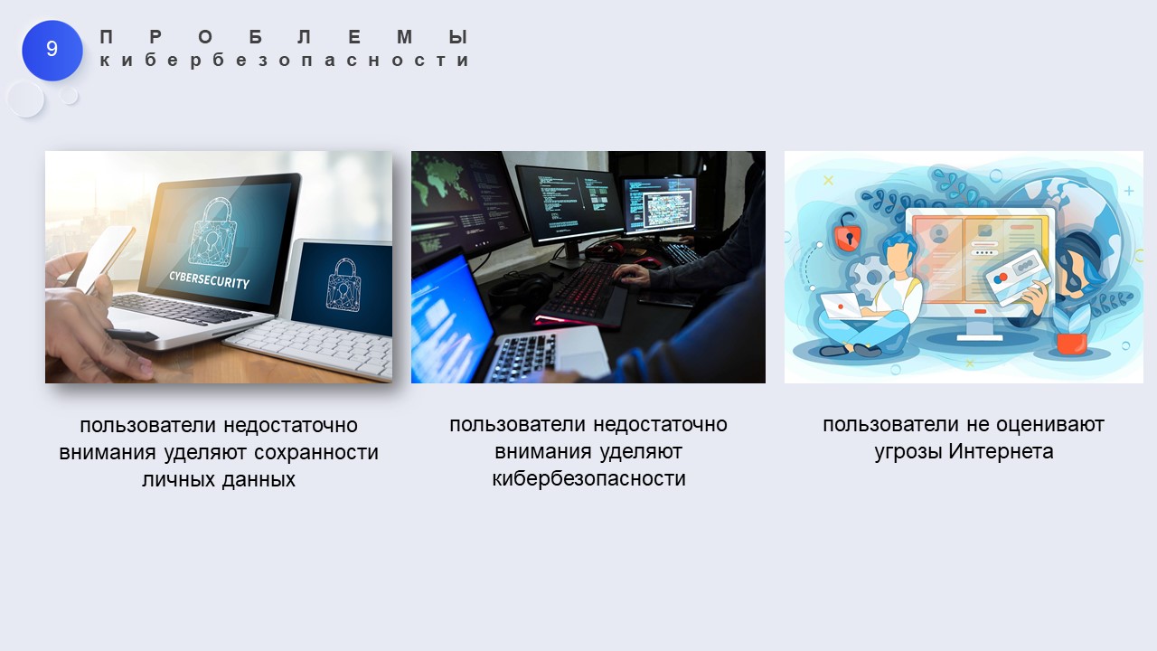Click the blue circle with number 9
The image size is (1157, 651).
coord(52,50)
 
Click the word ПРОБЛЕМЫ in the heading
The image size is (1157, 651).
coord(284,37)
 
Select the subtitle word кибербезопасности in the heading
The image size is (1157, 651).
coord(284,60)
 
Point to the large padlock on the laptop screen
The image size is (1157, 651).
coord(212,232)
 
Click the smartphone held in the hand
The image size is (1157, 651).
coord(103,259)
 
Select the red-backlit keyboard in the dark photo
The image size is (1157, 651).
coord(581,294)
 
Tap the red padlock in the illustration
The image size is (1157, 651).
coord(848,233)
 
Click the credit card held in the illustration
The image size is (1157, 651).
coord(1017,278)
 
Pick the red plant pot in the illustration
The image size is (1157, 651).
coord(1072,344)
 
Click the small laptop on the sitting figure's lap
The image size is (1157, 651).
coord(842,307)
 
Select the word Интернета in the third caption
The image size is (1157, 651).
coord(1001,452)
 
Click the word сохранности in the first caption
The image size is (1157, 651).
coord(316,453)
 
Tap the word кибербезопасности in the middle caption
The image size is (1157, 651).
coord(588,478)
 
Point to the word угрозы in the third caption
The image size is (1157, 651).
coord(908,453)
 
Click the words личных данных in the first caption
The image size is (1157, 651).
coord(219,479)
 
